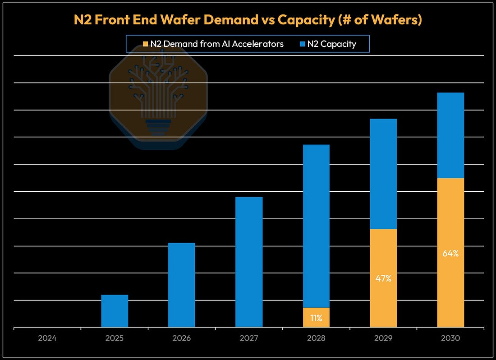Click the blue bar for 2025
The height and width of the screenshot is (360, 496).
(115, 311)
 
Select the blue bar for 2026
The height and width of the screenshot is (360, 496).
(182, 285)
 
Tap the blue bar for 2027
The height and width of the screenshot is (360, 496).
(249, 262)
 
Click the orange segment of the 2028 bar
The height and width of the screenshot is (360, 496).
(317, 317)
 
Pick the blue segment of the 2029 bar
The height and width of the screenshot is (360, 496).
(383, 174)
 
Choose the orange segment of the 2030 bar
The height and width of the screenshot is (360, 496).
(450, 253)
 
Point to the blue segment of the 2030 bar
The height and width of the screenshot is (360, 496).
(450, 135)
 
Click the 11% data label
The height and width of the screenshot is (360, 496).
(317, 318)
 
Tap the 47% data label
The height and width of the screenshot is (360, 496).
(383, 278)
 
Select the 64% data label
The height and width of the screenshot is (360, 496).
(450, 254)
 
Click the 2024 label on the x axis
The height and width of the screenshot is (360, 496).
(47, 338)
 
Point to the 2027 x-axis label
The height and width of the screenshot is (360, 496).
(249, 338)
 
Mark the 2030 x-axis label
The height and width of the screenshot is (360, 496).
(450, 338)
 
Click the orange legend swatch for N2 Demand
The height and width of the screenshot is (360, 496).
(146, 44)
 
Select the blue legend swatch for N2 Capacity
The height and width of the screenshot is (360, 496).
(303, 44)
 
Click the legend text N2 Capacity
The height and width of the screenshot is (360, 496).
(332, 44)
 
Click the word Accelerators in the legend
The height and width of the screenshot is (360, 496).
(258, 44)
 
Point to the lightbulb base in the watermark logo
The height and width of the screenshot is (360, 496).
(158, 127)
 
